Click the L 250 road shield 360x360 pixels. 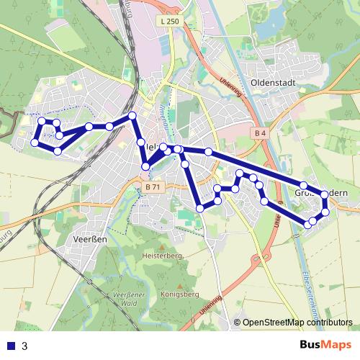(170, 22)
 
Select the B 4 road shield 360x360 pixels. (261, 133)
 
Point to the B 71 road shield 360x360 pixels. (151, 187)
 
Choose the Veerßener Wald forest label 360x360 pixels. (131, 300)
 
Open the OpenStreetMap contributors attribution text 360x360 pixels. (297, 323)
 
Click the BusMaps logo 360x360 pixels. (326, 345)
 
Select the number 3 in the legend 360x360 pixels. (25, 346)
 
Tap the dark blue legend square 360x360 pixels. (11, 346)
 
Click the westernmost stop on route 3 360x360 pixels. (34, 143)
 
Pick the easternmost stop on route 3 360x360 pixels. (325, 194)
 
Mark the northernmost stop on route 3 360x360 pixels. (132, 116)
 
